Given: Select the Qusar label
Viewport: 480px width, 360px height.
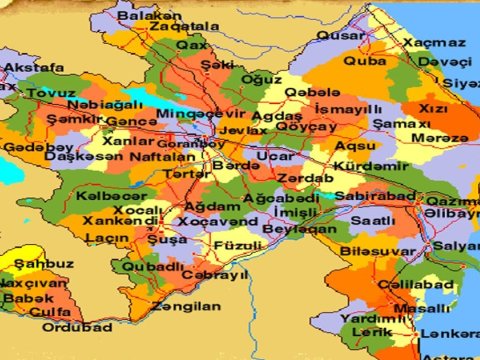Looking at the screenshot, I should click(341, 36).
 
